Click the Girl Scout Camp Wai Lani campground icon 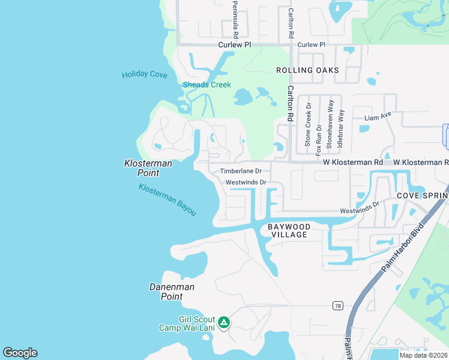[223, 323]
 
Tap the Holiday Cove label [144, 74]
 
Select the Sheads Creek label [206, 85]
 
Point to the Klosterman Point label [148, 168]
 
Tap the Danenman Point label [172, 292]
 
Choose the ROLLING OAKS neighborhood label [307, 70]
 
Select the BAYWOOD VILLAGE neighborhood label [289, 230]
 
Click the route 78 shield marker [339, 306]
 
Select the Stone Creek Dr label [308, 125]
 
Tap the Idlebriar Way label [340, 128]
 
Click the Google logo [20, 353]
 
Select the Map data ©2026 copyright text [423, 355]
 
